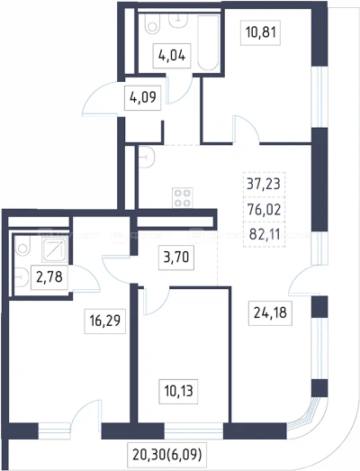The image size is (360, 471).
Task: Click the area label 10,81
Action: (x=261, y=32)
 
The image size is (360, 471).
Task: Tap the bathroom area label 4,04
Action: (x=172, y=56)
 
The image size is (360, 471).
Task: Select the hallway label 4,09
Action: (x=143, y=97)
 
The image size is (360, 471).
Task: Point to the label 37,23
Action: (x=264, y=184)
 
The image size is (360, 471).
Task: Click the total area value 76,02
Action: (x=264, y=209)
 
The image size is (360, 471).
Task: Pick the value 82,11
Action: (x=265, y=234)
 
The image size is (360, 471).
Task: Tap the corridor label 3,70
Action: (x=176, y=258)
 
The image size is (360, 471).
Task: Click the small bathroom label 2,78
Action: (x=49, y=277)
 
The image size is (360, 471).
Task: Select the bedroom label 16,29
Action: (x=104, y=321)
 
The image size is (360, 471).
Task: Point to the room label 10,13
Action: (x=178, y=391)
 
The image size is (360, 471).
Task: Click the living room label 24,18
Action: (x=270, y=313)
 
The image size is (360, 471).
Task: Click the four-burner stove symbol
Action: (x=183, y=197)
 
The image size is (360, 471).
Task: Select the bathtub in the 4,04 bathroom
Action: (x=208, y=43)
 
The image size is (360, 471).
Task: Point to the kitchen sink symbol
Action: (x=147, y=157)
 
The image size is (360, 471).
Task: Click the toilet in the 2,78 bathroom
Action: (x=22, y=246)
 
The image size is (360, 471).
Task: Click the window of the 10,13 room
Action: (x=193, y=431)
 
